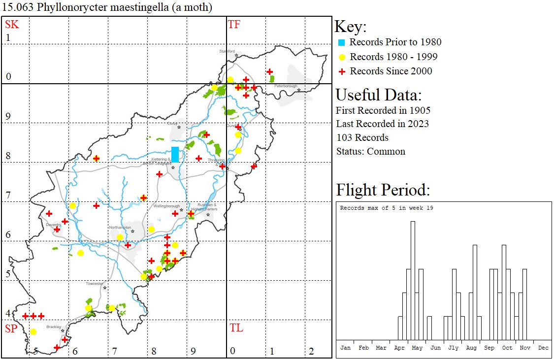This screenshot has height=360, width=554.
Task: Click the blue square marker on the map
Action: [x=175, y=154]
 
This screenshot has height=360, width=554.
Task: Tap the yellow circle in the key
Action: [x=341, y=57]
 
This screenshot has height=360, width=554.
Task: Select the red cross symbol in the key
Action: [x=341, y=71]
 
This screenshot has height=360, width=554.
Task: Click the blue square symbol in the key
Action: [x=341, y=42]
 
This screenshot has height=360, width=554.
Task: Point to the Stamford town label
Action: [x=228, y=51]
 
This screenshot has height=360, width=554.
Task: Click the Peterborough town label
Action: [x=286, y=86]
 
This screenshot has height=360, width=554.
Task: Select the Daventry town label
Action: [x=53, y=224]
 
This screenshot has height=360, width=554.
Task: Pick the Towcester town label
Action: [x=95, y=284]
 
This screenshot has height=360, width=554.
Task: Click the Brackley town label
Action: [x=53, y=327]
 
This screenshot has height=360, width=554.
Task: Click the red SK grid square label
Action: [x=12, y=24]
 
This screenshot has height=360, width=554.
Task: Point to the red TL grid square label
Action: [x=236, y=328]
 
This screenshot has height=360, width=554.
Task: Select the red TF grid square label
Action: [x=234, y=24]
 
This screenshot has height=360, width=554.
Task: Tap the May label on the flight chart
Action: [x=417, y=348]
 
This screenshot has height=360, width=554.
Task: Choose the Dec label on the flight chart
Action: [x=543, y=348]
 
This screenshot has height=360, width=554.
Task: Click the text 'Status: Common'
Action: [x=371, y=151]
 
